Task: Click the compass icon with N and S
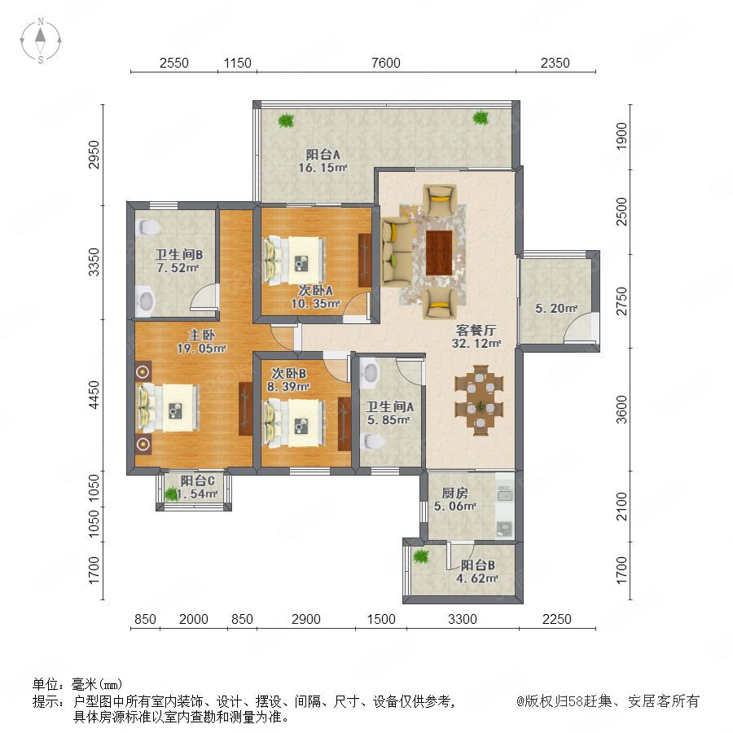pyautogui.click(x=41, y=41)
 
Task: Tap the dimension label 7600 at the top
pyautogui.click(x=386, y=63)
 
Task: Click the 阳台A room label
pyautogui.click(x=323, y=154)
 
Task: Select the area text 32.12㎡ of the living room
pyautogui.click(x=476, y=343)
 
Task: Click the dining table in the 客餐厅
pyautogui.click(x=480, y=400)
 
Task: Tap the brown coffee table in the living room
pyautogui.click(x=439, y=252)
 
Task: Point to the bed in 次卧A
pyautogui.click(x=295, y=260)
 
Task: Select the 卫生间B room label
pyautogui.click(x=178, y=255)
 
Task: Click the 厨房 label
pyautogui.click(x=454, y=494)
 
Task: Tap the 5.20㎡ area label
pyautogui.click(x=556, y=309)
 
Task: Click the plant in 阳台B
pyautogui.click(x=421, y=555)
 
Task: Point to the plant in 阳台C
pyautogui.click(x=172, y=494)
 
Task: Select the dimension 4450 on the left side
pyautogui.click(x=94, y=395)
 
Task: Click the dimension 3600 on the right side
pyautogui.click(x=621, y=410)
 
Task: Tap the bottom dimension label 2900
pyautogui.click(x=305, y=619)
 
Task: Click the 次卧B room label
pyautogui.click(x=289, y=374)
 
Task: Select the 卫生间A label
pyautogui.click(x=389, y=406)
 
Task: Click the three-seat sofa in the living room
pyautogui.click(x=397, y=252)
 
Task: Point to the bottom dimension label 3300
pyautogui.click(x=463, y=619)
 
